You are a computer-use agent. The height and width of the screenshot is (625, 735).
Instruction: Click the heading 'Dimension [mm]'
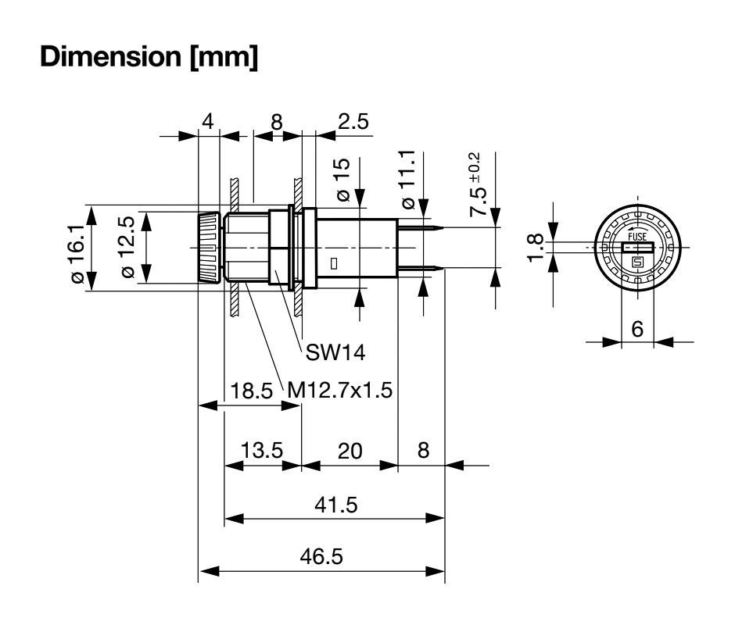[149, 57]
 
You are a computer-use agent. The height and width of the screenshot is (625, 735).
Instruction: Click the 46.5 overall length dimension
[322, 557]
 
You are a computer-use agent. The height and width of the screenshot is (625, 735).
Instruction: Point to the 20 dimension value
[349, 451]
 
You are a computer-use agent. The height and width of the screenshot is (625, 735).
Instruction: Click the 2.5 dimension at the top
[353, 121]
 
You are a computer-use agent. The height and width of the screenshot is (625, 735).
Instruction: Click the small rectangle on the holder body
[334, 264]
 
